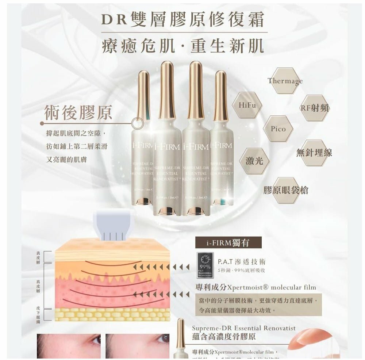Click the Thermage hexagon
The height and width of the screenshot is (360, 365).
(285, 81)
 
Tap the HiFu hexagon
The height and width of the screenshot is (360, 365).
(247, 105)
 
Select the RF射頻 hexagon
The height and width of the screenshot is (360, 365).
(315, 108)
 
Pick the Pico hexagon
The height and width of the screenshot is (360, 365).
(278, 129)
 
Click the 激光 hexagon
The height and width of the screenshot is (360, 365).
(254, 161)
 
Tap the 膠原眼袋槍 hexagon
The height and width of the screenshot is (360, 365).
(286, 190)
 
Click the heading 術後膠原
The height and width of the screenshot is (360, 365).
(78, 113)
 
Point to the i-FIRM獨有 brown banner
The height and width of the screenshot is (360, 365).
(228, 242)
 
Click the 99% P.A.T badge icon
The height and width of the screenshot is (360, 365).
(205, 265)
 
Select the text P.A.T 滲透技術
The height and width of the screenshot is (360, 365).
(241, 262)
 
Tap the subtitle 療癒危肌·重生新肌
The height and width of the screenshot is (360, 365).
(182, 47)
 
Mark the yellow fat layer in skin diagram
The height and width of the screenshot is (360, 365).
(112, 314)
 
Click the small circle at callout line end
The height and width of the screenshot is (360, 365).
(137, 123)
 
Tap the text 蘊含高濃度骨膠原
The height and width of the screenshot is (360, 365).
(224, 336)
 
